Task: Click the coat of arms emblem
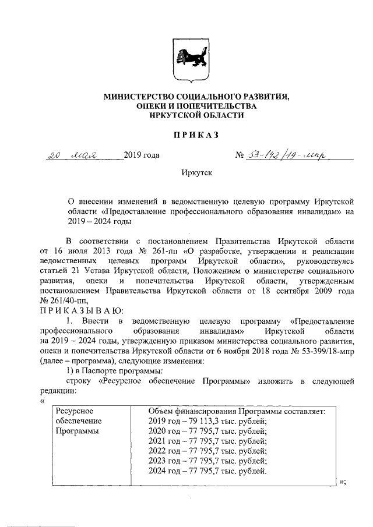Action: pyautogui.click(x=186, y=60)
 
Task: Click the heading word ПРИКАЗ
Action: pyautogui.click(x=186, y=135)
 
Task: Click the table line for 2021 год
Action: pyautogui.click(x=207, y=441)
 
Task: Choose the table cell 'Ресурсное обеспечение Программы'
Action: pyautogui.click(x=79, y=421)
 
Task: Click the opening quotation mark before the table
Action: pyautogui.click(x=41, y=401)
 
